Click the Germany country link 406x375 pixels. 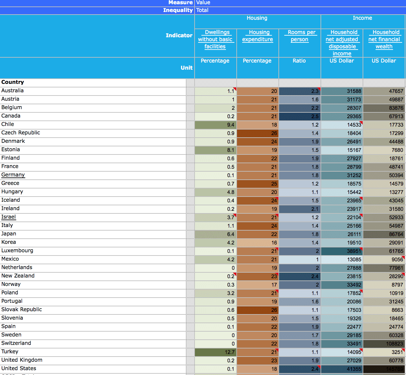pos(13,175)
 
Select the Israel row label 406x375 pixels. pos(9,217)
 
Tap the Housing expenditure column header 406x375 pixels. pos(258,36)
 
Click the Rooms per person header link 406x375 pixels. pos(301,36)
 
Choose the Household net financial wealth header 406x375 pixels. pos(384,40)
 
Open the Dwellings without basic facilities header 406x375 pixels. pos(216,40)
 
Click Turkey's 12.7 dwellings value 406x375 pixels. pos(216,352)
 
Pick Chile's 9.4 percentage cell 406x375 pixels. pos(216,125)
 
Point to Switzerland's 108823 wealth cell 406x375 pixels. pos(384,344)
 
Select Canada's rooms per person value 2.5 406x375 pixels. pos(300,116)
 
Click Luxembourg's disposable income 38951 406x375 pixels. pos(342,251)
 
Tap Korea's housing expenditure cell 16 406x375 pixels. pos(258,243)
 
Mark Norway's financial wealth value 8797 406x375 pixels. pos(384,285)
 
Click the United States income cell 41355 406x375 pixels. pos(342,369)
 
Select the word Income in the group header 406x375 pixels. pos(362,18)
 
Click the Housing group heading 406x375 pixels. pos(257,18)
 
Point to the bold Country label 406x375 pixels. pos(13,82)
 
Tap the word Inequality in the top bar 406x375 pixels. pos(178,10)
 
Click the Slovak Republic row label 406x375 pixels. pos(22,310)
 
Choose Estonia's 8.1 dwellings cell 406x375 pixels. pos(216,150)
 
